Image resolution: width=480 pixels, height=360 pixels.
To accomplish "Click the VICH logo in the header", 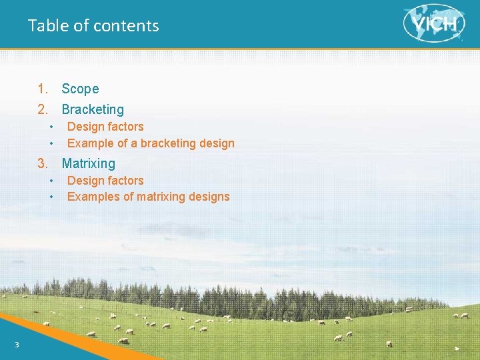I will coord(434,23).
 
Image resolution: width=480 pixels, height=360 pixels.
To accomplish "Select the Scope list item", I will coord(80,89).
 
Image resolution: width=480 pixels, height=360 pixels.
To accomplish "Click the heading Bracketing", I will coord(93,109).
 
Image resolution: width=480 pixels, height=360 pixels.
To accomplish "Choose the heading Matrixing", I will coord(88,163).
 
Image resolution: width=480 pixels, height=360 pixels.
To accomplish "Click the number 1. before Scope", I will coord(43,89).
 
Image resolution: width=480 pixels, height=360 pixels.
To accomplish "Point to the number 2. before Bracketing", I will coord(43,109).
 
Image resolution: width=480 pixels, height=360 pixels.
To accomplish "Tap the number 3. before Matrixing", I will coord(43,163).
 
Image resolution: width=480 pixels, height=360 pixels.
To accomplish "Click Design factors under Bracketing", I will coord(105,127).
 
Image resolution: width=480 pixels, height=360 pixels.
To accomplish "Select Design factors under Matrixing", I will coord(105,181).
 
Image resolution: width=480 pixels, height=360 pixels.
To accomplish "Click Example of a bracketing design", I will coord(151,143).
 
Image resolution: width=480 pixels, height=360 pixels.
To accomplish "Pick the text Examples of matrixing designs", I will coord(148,197).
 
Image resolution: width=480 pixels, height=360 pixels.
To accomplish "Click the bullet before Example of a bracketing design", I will coord(51,144).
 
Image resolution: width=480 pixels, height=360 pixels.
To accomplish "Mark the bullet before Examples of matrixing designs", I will coord(51,197).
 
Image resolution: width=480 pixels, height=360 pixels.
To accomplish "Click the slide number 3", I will coord(17,344).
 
